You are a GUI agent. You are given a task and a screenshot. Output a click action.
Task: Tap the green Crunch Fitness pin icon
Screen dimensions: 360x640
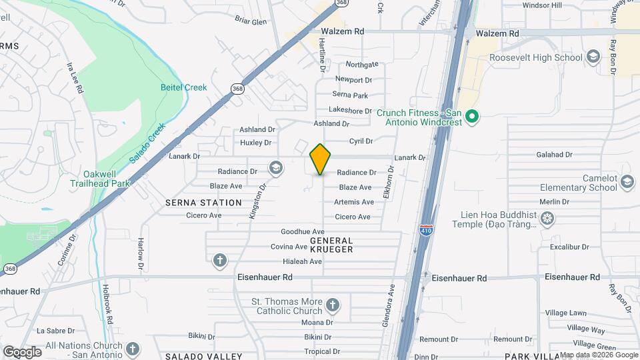(x=472, y=117)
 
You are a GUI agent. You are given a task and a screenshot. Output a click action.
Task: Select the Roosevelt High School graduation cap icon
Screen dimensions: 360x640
(x=593, y=57)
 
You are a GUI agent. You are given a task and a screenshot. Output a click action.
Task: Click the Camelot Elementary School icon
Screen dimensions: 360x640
(x=627, y=181)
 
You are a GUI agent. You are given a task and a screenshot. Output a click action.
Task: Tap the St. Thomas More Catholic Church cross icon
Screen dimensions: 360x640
(x=333, y=307)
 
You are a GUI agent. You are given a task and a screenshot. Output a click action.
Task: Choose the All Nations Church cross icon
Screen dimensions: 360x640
(x=133, y=348)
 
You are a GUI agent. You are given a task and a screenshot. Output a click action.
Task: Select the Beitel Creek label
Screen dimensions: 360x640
(x=184, y=87)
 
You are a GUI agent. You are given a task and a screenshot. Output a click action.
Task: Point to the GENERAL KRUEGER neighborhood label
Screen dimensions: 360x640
(x=331, y=244)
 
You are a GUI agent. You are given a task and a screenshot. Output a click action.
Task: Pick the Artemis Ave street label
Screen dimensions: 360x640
(x=354, y=202)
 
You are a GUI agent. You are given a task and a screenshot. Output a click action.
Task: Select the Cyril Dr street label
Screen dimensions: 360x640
(x=361, y=141)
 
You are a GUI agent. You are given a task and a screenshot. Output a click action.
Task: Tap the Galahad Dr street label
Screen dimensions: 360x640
(x=554, y=155)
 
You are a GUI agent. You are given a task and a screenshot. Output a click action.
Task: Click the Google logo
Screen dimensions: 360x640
(x=22, y=351)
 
